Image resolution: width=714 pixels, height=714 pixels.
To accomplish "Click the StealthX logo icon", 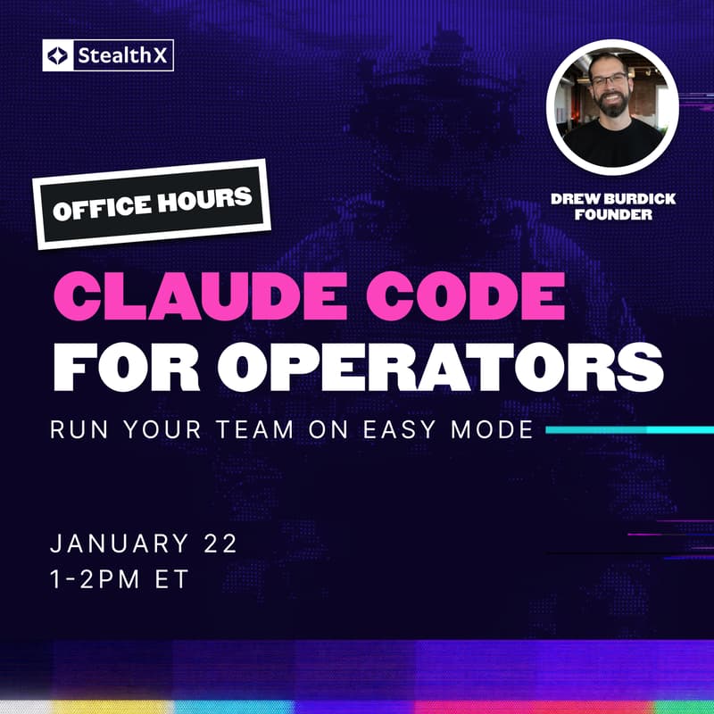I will click(x=59, y=58).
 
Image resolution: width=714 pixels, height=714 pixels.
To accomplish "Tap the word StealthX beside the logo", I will click(x=120, y=58).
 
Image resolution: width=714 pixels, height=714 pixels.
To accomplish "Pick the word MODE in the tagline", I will click(x=493, y=430).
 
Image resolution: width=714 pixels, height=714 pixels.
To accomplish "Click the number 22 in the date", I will click(x=223, y=544).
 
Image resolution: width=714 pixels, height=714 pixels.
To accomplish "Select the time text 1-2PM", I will click(x=95, y=578).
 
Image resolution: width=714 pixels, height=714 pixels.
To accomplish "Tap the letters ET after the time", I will click(x=173, y=578).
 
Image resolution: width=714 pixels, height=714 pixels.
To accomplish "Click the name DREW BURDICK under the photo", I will click(x=613, y=199).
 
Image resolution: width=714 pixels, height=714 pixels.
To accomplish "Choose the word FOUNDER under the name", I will click(x=613, y=215).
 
